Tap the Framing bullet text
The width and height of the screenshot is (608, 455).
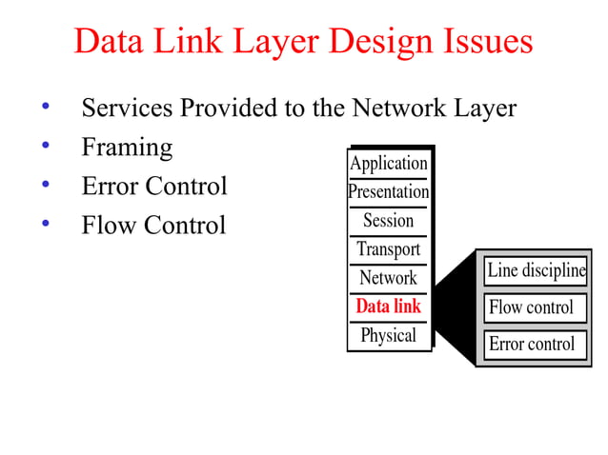[x=127, y=148]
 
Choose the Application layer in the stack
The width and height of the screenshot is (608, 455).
[x=388, y=163]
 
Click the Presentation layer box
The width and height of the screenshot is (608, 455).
[x=388, y=191]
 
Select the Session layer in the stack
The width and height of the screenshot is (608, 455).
[x=388, y=221]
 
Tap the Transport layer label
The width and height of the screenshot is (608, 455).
[x=388, y=249]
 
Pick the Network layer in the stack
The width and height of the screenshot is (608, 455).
[x=388, y=278]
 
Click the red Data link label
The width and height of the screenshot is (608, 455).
[x=388, y=307]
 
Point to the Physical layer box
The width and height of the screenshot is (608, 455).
[x=388, y=335]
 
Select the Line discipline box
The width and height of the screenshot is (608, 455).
[x=535, y=270]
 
